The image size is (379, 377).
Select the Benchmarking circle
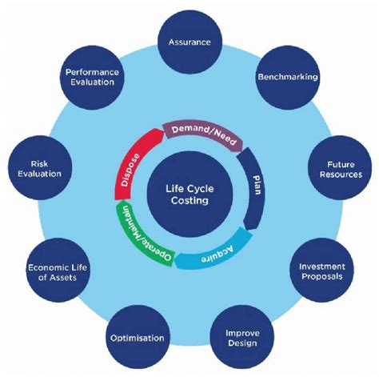[x=288, y=78]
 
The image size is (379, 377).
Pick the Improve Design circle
[x=241, y=335]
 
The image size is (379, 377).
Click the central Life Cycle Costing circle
[x=189, y=195]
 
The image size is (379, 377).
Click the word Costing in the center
[x=189, y=201]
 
